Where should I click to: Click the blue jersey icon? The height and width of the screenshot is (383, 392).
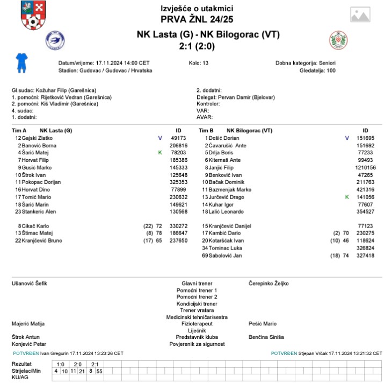(21, 62)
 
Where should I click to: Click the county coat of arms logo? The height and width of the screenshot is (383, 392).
(33, 16)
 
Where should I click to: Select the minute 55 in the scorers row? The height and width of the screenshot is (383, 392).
(100, 371)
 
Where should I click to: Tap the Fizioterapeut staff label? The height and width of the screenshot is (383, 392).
(197, 324)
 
